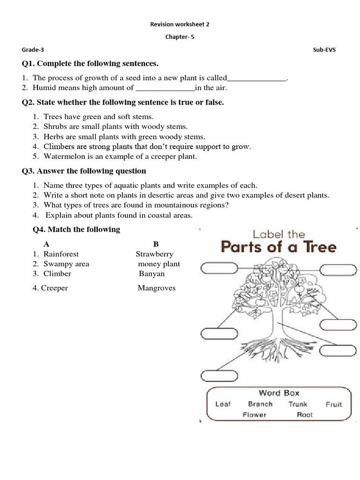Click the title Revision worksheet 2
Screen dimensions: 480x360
[180, 24]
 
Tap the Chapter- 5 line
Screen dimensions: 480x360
[180, 38]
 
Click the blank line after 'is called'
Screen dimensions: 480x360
[256, 78]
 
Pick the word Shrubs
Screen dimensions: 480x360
[56, 127]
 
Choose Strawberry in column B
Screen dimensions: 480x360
[155, 254]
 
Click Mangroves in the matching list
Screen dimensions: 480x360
[157, 288]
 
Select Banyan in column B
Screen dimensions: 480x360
[151, 274]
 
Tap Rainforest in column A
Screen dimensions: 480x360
[61, 254]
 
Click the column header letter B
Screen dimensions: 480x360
[156, 244]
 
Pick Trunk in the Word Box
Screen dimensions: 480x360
[298, 404]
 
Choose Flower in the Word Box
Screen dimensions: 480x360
[255, 415]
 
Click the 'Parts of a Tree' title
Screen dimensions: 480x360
[278, 247]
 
